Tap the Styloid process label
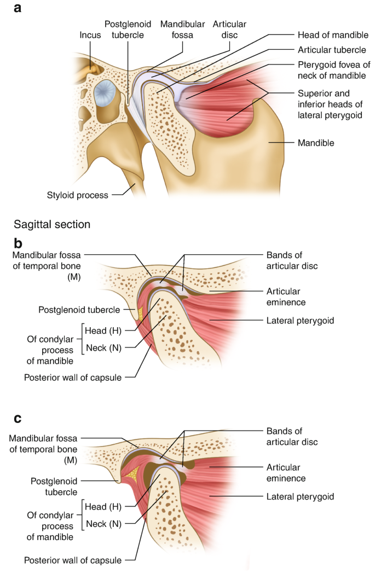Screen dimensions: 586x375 77,195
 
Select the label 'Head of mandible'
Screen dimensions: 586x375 332,36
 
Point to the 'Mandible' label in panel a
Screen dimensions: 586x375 316,143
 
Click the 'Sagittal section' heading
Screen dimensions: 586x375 49,224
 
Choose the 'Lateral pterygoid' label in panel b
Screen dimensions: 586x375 299,320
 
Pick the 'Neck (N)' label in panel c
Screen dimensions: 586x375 106,523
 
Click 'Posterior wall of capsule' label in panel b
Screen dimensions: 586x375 72,377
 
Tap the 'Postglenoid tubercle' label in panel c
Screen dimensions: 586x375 53,486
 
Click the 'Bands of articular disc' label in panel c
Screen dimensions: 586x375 292,437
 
